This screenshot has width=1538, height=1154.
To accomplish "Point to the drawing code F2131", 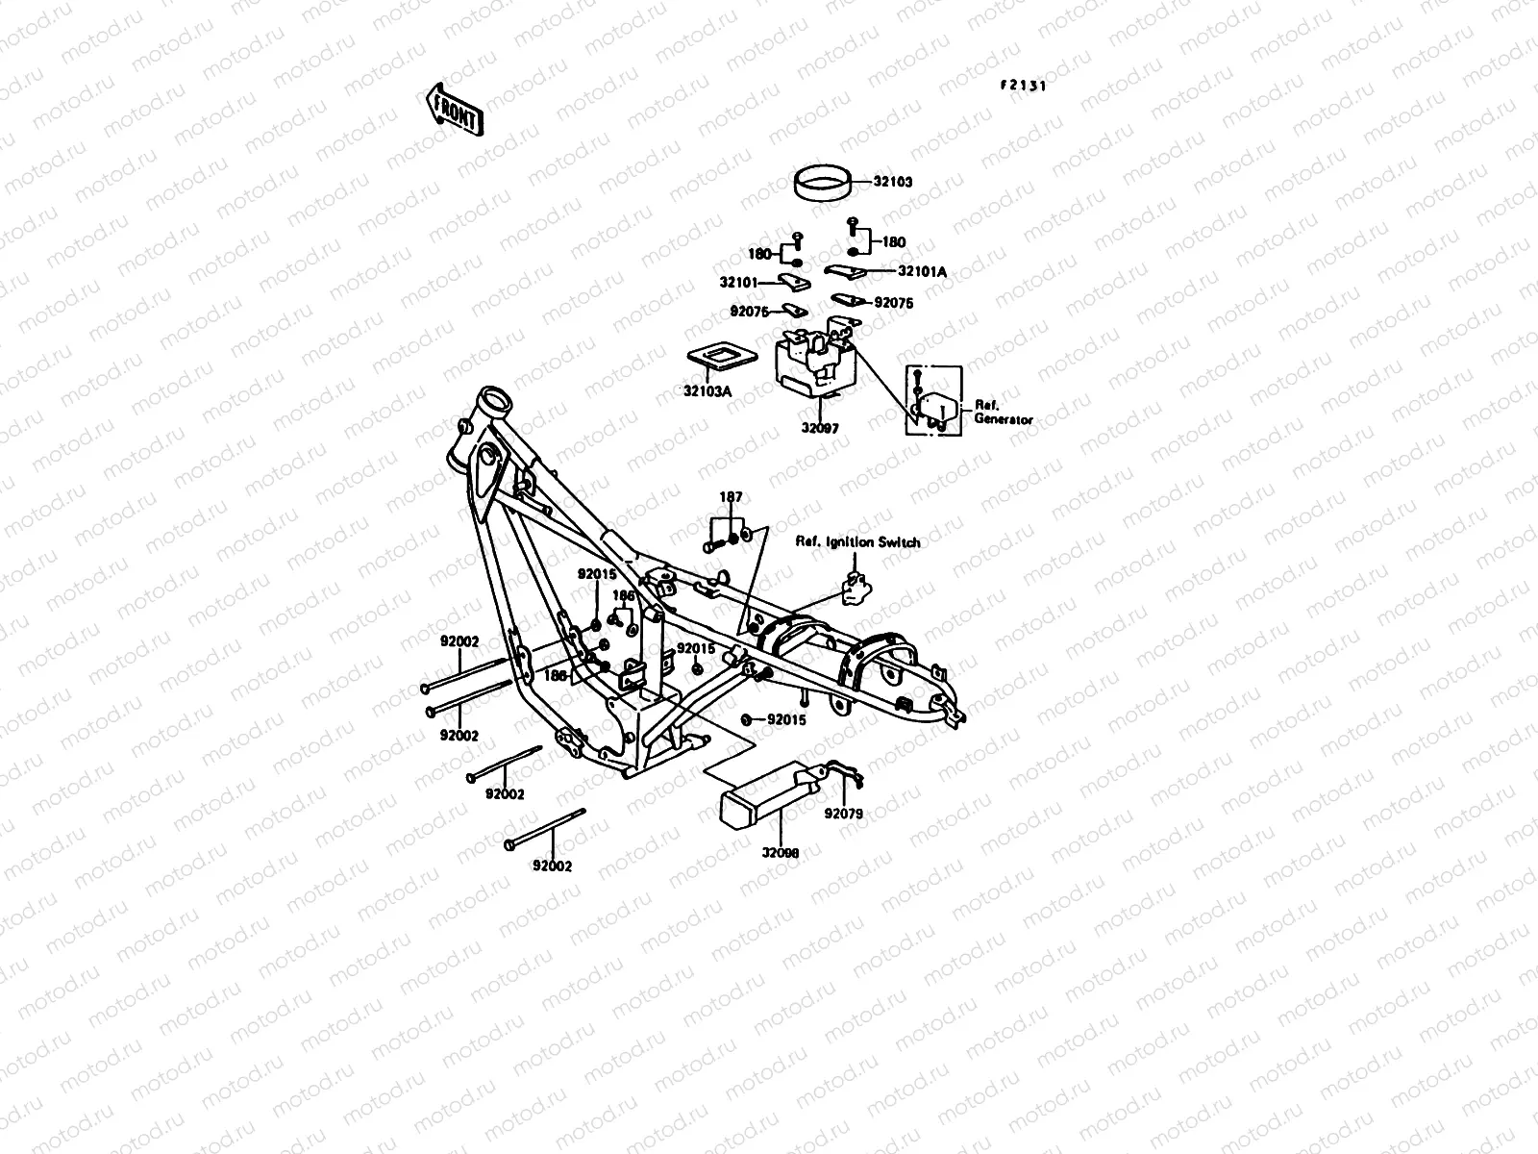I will coord(1021,85).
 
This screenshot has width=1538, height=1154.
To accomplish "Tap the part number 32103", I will coord(920,182).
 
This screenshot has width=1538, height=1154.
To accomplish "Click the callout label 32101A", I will coord(923,272).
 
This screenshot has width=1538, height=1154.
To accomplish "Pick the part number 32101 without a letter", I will coord(739,284).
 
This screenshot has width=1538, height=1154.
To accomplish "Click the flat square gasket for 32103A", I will coord(720,359).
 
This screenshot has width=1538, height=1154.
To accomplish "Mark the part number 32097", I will coord(818,429).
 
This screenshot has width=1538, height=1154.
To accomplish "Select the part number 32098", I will coord(781,852).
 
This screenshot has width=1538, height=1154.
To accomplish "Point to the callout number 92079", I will coord(844,814).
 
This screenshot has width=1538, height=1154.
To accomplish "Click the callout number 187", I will coord(732,497).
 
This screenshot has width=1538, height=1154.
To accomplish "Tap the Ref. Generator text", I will coord(1003,413).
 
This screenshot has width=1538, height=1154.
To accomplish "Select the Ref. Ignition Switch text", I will coord(857,542).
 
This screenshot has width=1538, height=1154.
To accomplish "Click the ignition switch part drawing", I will coord(855,588).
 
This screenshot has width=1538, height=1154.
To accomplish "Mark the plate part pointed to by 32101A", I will coord(846,273).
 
